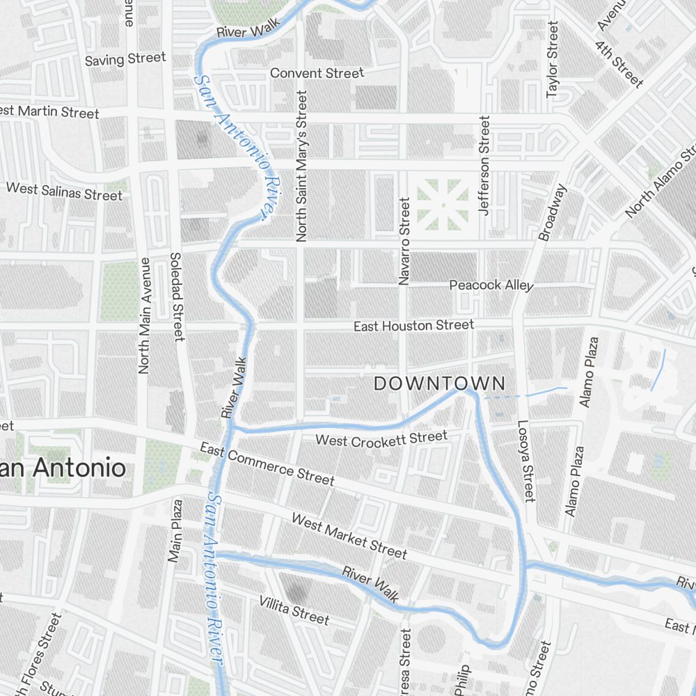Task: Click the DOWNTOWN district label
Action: [439, 383]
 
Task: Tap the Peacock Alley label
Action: [491, 285]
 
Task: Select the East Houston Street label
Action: [413, 326]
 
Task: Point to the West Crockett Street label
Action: [381, 438]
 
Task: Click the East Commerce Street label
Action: [267, 464]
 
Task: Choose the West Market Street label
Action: [349, 536]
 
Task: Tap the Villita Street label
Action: [294, 610]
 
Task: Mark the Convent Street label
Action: [317, 73]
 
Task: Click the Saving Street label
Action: [125, 59]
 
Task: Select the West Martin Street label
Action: [50, 112]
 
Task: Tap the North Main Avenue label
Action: [144, 315]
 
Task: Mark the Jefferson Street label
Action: [484, 166]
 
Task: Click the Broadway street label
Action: [554, 212]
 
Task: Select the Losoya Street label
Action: [525, 461]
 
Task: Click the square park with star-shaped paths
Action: [443, 205]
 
